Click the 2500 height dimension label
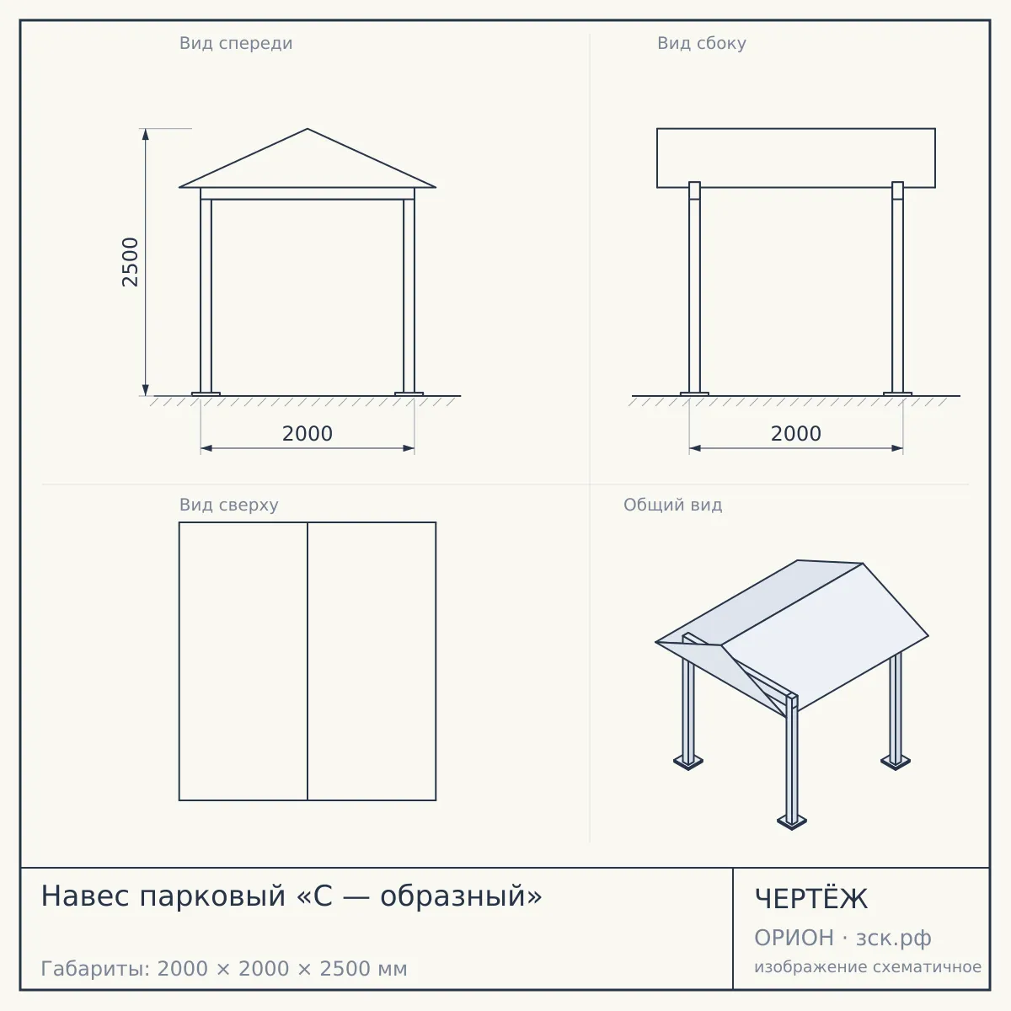point(130,262)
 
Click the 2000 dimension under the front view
point(308,434)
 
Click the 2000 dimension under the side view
point(796,434)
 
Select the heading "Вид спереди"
point(236,43)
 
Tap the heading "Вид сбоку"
point(702,43)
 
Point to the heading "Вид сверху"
point(229,505)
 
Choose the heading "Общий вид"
point(672,505)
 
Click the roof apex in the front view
point(308,129)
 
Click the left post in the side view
point(694,289)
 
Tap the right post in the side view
point(897,289)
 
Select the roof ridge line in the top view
point(308,661)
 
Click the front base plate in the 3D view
point(792,821)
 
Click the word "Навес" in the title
point(86,896)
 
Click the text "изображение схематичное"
point(868,966)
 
